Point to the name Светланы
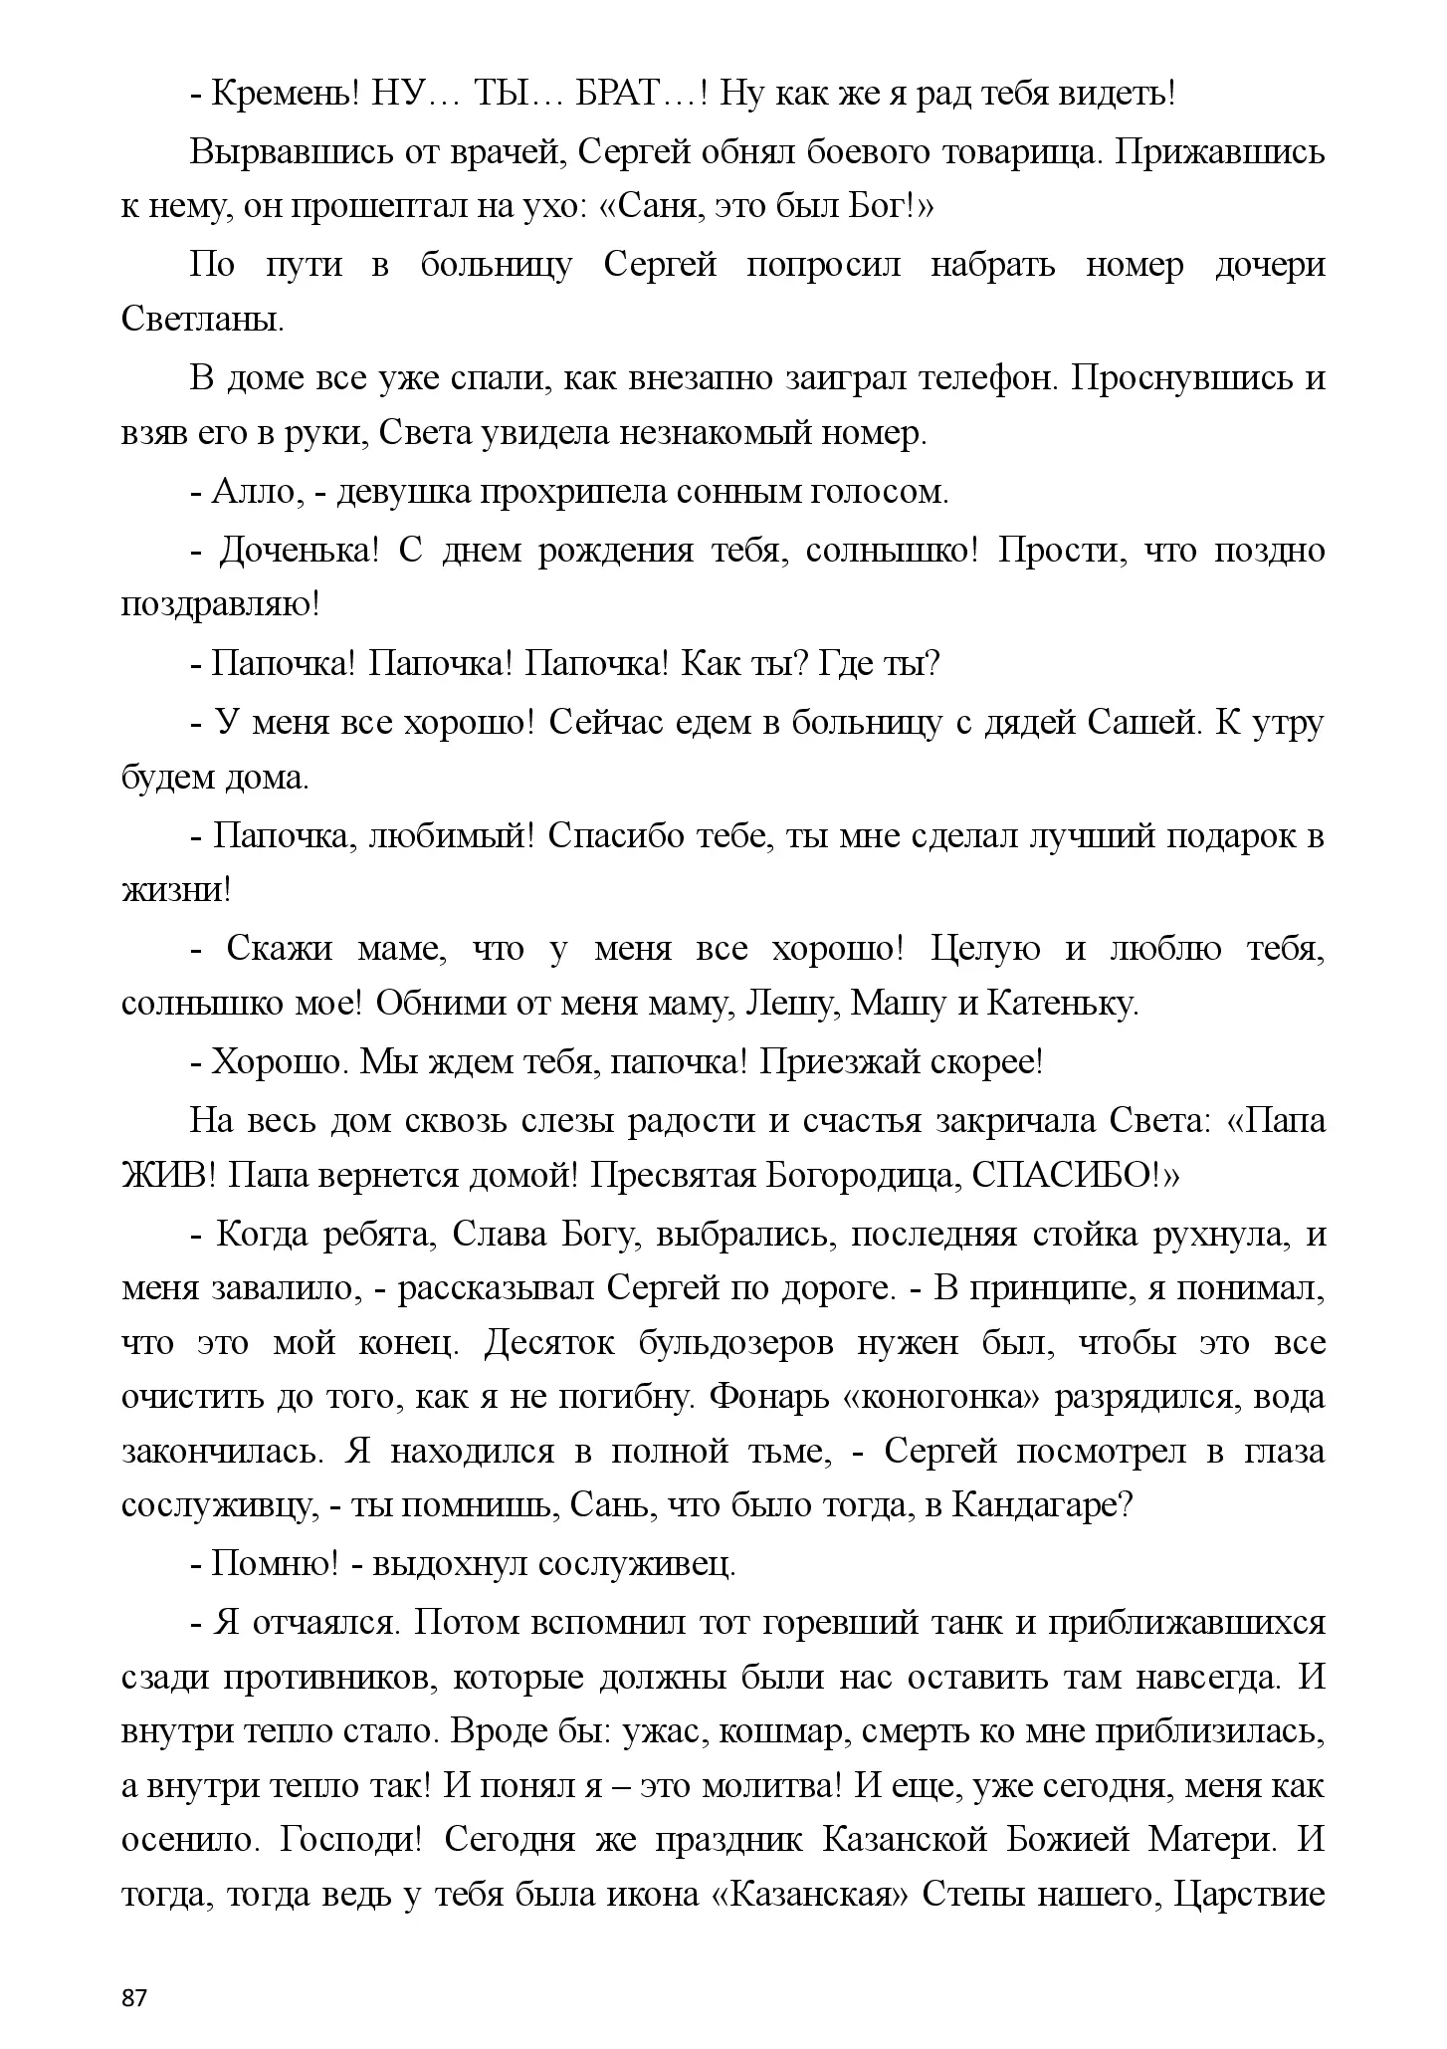click(201, 321)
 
